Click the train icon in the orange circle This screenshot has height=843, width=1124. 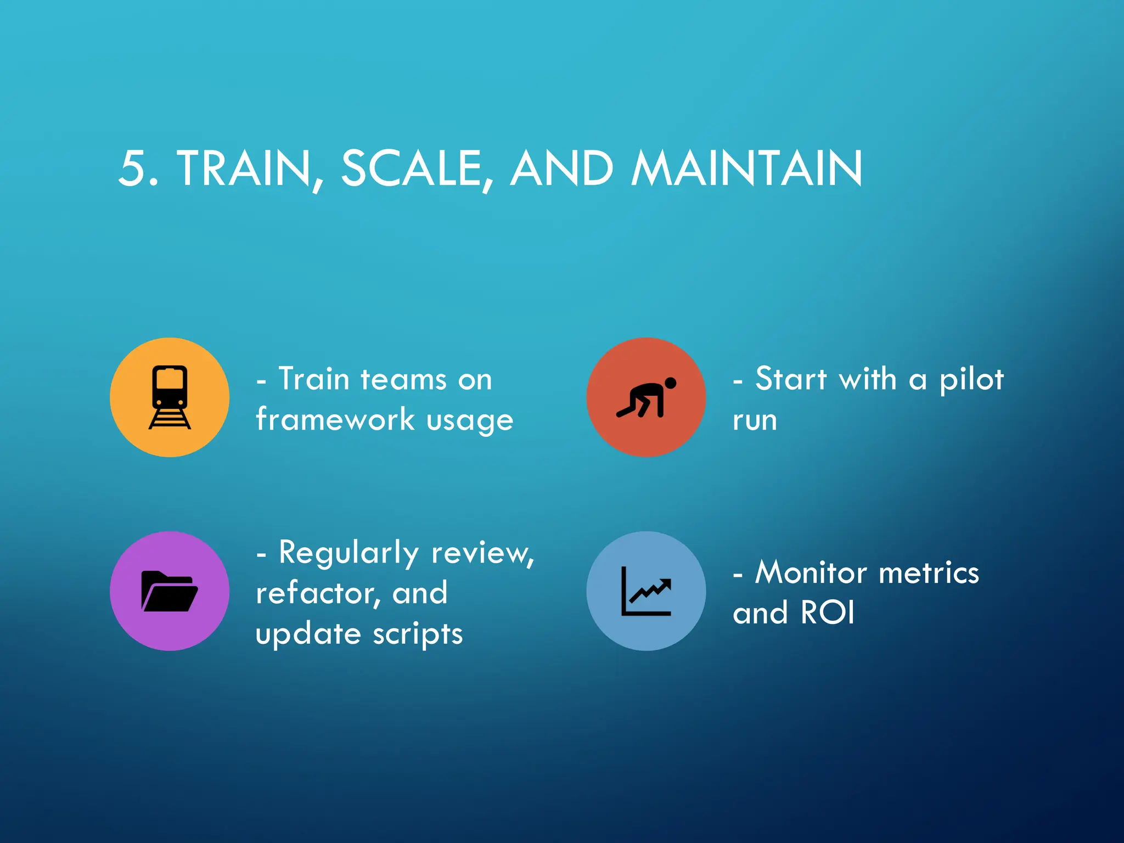pos(170,397)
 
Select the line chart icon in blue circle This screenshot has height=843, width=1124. pos(646,591)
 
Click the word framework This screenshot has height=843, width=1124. pos(335,419)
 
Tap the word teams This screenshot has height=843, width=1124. pos(403,379)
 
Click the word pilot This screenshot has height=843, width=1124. pos(971,380)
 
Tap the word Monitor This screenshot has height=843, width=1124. pos(814,572)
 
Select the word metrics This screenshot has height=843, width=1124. pos(929,572)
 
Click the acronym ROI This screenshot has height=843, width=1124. pos(828,612)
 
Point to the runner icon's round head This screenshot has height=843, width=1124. pos(670,383)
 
